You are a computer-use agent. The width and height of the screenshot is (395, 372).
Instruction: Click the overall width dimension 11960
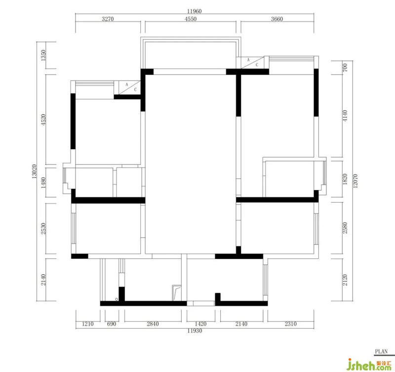pyautogui.click(x=194, y=11)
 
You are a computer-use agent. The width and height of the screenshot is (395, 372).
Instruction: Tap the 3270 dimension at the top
pyautogui.click(x=108, y=19)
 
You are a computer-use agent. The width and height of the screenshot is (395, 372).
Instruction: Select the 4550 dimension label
pyautogui.click(x=191, y=19)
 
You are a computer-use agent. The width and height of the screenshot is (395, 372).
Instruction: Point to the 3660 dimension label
pyautogui.click(x=277, y=19)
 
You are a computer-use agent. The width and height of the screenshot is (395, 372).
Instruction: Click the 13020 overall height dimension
pyautogui.click(x=35, y=171)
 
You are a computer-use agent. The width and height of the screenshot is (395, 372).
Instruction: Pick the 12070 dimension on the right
pyautogui.click(x=355, y=181)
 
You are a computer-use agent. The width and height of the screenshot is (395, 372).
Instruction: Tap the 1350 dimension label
pyautogui.click(x=43, y=55)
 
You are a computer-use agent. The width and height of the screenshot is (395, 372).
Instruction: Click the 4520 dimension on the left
pyautogui.click(x=43, y=120)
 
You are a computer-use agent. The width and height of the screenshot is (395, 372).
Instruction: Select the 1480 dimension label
pyautogui.click(x=43, y=183)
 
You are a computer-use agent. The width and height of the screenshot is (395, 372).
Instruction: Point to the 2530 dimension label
pyautogui.click(x=43, y=228)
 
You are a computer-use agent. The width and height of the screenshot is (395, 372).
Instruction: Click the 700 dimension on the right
pyautogui.click(x=345, y=68)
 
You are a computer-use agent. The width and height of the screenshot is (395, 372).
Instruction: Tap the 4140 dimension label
pyautogui.click(x=345, y=116)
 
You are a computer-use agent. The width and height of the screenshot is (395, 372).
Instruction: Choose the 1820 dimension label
pyautogui.click(x=345, y=179)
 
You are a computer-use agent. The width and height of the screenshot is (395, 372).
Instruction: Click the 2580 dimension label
pyautogui.click(x=345, y=228)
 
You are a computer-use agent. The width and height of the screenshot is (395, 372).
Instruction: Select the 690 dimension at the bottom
pyautogui.click(x=112, y=324)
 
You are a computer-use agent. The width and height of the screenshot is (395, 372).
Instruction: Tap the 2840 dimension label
pyautogui.click(x=153, y=324)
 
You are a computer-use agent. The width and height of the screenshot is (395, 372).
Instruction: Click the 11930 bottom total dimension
pyautogui.click(x=195, y=331)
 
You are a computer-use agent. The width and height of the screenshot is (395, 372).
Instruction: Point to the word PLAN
pyautogui.click(x=381, y=352)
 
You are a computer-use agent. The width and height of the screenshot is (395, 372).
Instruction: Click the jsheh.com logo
pyautogui.click(x=370, y=365)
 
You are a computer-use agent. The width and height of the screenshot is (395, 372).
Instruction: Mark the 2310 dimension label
pyautogui.click(x=291, y=324)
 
